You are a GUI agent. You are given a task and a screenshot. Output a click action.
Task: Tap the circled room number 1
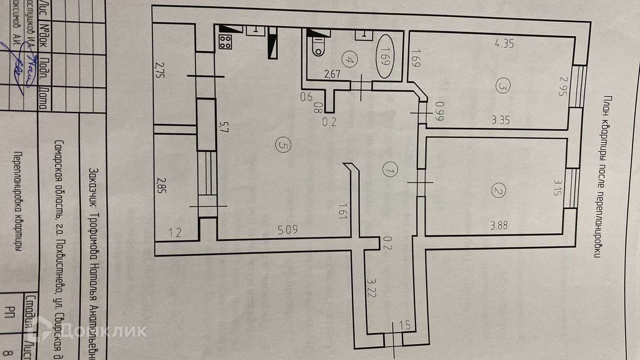[389, 170]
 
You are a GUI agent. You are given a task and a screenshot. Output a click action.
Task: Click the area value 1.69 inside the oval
[385, 56]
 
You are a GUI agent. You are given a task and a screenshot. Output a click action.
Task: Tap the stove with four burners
[225, 42]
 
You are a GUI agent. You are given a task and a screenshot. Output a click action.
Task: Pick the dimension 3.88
[499, 225]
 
